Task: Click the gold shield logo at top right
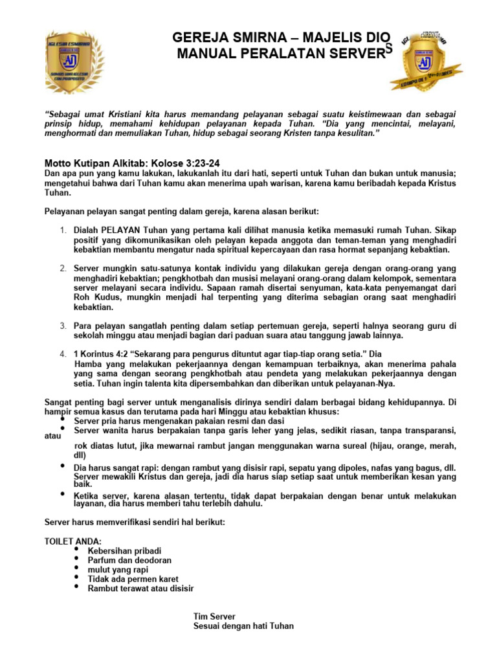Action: coord(425,61)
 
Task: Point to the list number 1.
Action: coord(63,230)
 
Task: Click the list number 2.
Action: coord(63,268)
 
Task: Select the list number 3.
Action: coord(63,326)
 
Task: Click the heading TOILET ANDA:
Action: coord(72,541)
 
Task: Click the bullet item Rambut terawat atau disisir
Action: coord(140,589)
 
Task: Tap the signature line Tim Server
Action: coord(214,616)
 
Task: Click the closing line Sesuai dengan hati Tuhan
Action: coord(243,626)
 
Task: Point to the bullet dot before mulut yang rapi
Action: coord(77,568)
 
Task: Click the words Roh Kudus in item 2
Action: coord(95,297)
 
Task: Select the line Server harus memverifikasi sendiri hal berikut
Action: coord(134,522)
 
